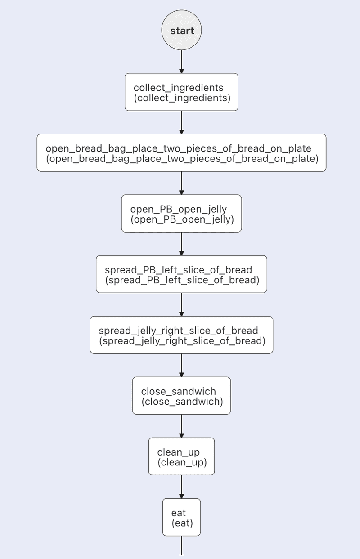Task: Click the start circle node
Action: (181, 31)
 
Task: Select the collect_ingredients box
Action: (181, 92)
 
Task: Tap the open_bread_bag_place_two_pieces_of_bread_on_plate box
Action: (181, 152)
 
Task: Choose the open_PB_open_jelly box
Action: (181, 213)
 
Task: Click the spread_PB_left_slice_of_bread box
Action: (181, 274)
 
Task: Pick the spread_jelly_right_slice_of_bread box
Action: (181, 335)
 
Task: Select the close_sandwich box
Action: (181, 395)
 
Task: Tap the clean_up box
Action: (181, 456)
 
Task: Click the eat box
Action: (181, 517)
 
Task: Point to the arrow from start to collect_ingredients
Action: (181, 62)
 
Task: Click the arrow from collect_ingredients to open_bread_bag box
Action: (181, 122)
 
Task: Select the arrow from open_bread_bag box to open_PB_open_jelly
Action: (181, 183)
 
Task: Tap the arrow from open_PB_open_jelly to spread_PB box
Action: (181, 244)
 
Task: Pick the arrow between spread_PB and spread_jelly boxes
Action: (181, 304)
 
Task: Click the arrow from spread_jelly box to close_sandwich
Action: (181, 365)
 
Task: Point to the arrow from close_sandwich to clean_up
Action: (181, 426)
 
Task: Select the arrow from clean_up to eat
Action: (181, 487)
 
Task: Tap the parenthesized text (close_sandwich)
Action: (182, 402)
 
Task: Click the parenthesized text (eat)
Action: (182, 523)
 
